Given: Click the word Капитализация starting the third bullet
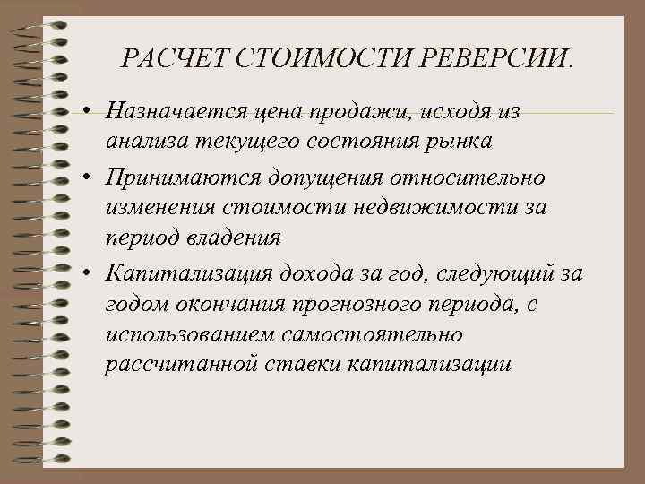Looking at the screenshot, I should [x=179, y=273].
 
